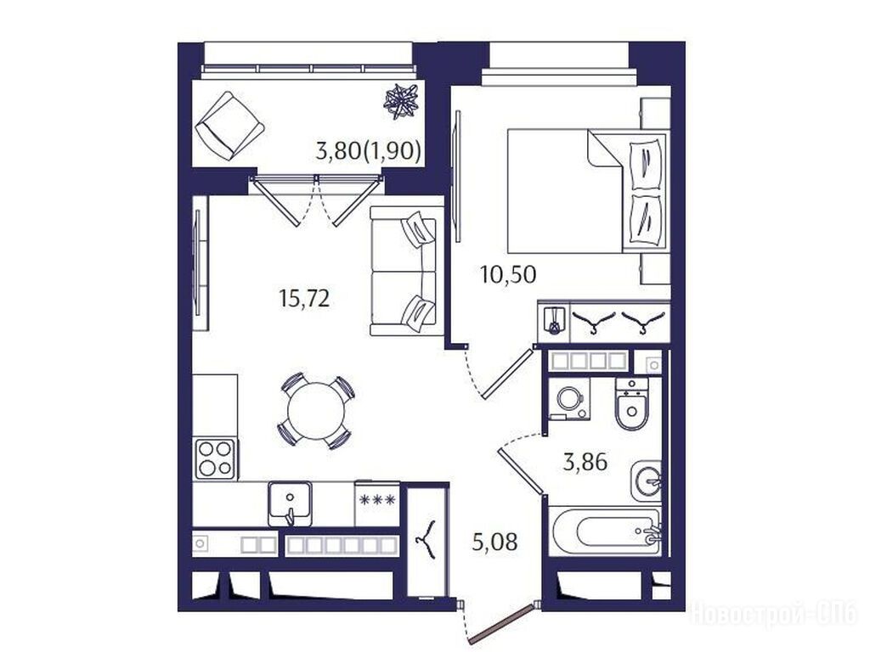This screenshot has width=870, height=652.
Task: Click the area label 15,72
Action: [x=305, y=299]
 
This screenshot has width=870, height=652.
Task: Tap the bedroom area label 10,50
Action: [x=508, y=274]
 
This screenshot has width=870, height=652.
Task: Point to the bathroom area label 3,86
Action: [x=585, y=461]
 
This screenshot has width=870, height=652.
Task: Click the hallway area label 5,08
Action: [x=495, y=542]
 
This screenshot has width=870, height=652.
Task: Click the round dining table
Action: [x=316, y=411]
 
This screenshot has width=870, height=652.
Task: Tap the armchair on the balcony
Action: [x=229, y=126]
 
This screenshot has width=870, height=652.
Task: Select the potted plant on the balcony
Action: [x=402, y=101]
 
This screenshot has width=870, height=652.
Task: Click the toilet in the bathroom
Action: [x=631, y=405]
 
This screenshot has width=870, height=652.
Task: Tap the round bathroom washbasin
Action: [x=647, y=481]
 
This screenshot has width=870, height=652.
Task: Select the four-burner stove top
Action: [x=215, y=458]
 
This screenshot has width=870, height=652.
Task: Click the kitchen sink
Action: [x=290, y=503]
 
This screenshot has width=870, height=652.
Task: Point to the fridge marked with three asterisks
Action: [x=377, y=503]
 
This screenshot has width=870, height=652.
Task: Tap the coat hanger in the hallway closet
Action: [x=427, y=537]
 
